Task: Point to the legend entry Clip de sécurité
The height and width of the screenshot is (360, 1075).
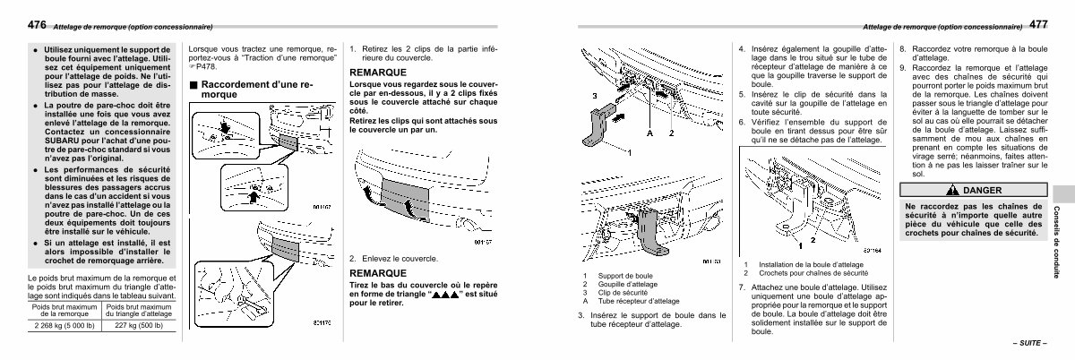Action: (606, 292)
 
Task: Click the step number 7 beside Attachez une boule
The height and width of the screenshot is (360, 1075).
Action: (742, 287)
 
